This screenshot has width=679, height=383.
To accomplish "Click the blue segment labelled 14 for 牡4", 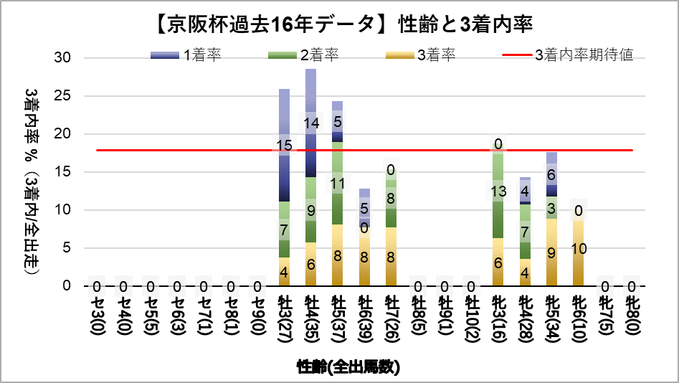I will [311, 123].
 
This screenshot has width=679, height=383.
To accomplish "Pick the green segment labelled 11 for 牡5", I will [338, 184].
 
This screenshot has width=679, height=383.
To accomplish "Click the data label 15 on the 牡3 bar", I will [284, 146].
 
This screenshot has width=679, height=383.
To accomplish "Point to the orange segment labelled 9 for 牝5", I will [552, 252].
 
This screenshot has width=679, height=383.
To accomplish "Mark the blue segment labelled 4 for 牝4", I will [526, 191].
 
